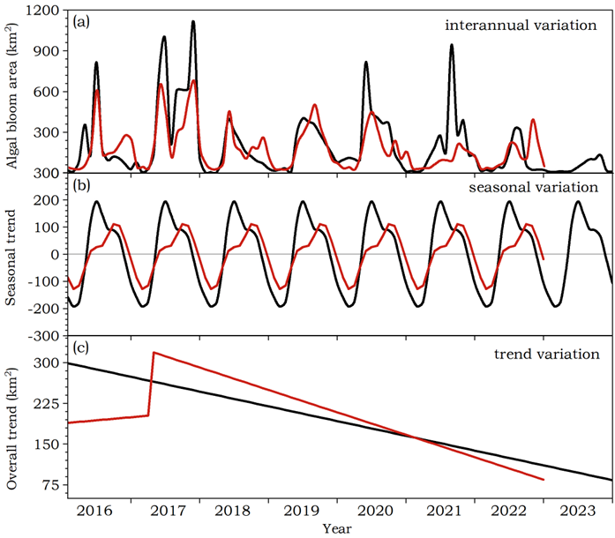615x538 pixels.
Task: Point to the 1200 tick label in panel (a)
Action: [45, 11]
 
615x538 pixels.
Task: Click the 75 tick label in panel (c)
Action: [53, 486]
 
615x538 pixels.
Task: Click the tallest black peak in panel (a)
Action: [193, 22]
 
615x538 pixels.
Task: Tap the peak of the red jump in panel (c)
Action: [154, 353]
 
